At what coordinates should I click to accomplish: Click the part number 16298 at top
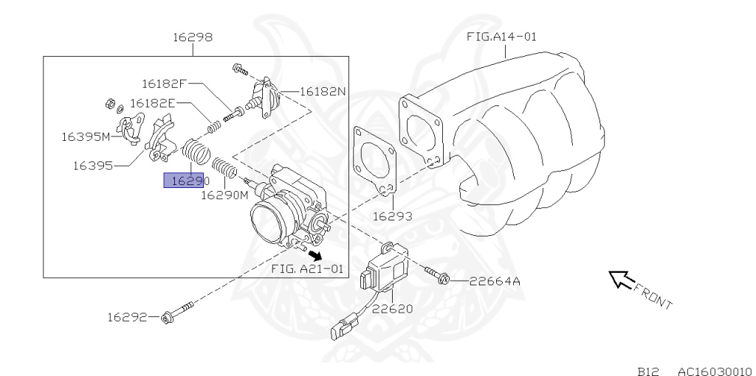(x=193, y=37)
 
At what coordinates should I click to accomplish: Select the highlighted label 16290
(x=183, y=181)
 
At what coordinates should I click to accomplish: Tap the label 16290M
(x=224, y=195)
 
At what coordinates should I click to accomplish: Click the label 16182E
(x=152, y=103)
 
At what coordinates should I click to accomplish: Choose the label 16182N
(x=323, y=92)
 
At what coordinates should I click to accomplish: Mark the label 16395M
(x=85, y=136)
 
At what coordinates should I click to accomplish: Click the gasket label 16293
(x=392, y=217)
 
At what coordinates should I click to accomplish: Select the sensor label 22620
(x=392, y=309)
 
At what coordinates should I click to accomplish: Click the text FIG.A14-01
(x=501, y=36)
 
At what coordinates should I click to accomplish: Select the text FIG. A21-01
(x=307, y=269)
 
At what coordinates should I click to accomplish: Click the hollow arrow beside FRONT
(x=619, y=279)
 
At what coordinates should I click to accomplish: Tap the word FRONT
(x=653, y=296)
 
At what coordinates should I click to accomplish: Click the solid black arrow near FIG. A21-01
(x=316, y=255)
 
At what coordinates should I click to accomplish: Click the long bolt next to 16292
(x=177, y=313)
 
